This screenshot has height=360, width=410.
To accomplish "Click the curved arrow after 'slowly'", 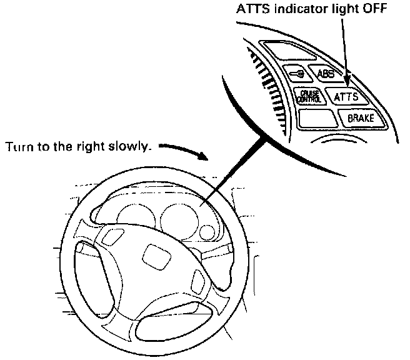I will click(x=184, y=150).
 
